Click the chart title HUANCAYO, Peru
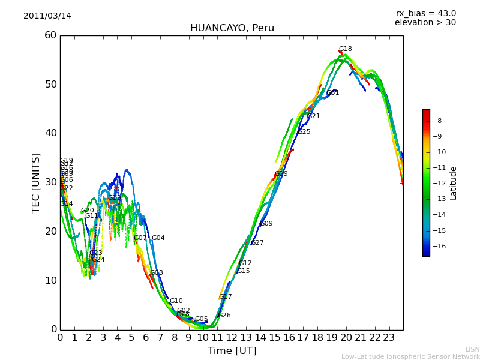click(232, 28)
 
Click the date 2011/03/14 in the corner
click(47, 16)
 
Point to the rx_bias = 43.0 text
click(425, 14)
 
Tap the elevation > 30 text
click(425, 23)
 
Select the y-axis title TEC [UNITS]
click(37, 182)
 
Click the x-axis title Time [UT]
click(232, 351)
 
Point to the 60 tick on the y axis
click(50, 35)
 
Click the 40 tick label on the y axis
click(50, 133)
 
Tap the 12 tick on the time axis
click(232, 338)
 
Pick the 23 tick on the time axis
click(389, 338)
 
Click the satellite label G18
click(345, 49)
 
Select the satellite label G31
click(333, 93)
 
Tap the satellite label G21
click(314, 116)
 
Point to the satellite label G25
click(304, 132)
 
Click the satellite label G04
click(158, 238)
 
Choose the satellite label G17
click(225, 297)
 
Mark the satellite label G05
click(201, 319)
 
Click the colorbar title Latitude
click(454, 183)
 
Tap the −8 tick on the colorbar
click(438, 121)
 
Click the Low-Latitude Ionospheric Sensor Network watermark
click(410, 357)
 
